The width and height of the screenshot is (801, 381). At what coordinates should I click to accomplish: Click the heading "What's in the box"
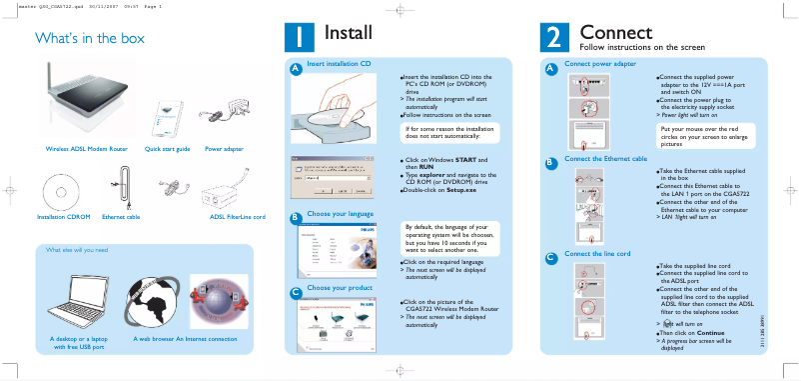[x=90, y=39]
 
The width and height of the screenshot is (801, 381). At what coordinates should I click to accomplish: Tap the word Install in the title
[x=349, y=33]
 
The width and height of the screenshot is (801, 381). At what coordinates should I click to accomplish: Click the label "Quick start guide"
[x=167, y=148]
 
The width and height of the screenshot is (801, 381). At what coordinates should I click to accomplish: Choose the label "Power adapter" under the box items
[x=224, y=148]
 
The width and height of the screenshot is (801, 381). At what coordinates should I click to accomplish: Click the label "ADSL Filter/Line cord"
[x=237, y=216]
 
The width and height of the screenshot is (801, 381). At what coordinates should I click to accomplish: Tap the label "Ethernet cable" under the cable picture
[x=121, y=216]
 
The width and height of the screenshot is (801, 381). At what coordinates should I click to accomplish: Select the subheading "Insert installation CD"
[x=339, y=63]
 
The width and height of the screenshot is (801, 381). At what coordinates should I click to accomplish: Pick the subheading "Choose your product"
[x=339, y=288]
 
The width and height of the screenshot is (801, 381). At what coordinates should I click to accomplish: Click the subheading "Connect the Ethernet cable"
[x=606, y=158]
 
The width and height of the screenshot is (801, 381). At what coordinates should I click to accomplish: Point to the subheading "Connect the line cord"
[x=597, y=253]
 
